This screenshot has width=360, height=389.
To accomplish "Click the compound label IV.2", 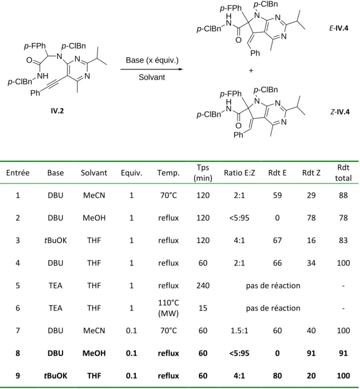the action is point(57,110).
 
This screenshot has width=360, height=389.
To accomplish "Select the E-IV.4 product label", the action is point(339,28).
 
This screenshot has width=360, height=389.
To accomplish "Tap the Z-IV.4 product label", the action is point(340,112).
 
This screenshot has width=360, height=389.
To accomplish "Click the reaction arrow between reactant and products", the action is point(152,69).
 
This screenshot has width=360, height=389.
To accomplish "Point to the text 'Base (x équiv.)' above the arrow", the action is point(152,60).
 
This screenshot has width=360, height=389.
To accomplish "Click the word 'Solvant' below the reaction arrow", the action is point(152,77).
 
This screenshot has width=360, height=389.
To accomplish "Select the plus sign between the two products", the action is point(251,71).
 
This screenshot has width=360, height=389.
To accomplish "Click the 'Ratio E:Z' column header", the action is point(239,172).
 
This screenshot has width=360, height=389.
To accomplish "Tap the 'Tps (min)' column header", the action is point(203,172).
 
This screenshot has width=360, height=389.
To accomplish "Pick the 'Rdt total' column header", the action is point(343,172).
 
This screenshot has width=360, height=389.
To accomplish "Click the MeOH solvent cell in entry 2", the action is point(94,218).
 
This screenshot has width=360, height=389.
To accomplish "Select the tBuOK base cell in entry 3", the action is point(56,240).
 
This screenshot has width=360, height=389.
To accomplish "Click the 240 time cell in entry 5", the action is point(203,286).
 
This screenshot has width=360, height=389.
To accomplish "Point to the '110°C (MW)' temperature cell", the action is point(169,308).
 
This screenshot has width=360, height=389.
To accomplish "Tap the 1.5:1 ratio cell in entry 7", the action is point(239,331).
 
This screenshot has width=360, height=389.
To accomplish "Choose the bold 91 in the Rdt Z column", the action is point(311,353).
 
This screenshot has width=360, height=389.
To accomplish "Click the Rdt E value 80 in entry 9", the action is point(277,376).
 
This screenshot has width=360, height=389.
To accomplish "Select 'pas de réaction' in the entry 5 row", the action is point(273,286).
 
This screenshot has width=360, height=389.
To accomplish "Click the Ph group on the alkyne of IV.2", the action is point(35,93).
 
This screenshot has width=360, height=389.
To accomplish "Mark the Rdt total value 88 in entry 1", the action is point(343,195).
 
